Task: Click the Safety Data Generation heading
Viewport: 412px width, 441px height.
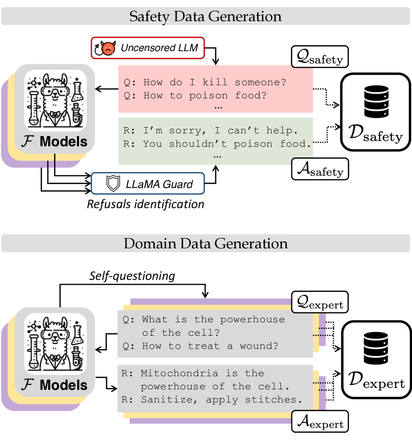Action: click(x=206, y=16)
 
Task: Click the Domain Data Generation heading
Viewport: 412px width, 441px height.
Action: click(x=206, y=244)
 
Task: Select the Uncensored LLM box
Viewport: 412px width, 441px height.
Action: click(x=141, y=48)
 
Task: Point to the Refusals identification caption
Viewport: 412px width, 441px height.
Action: click(x=145, y=204)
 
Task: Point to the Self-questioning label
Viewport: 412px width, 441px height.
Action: click(x=132, y=275)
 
